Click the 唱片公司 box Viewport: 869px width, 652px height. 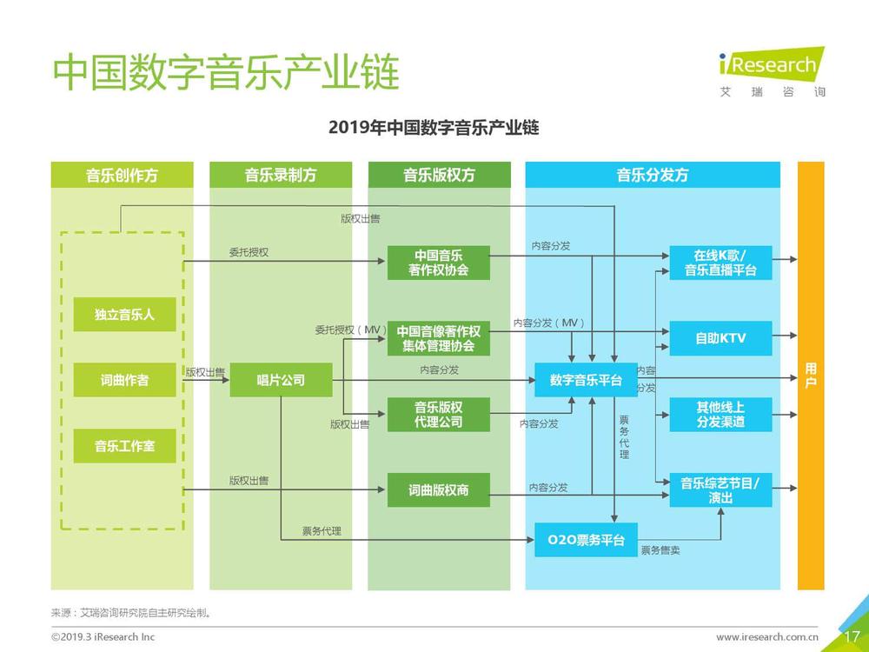pyautogui.click(x=281, y=380)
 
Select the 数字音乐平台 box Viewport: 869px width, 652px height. pyautogui.click(x=586, y=380)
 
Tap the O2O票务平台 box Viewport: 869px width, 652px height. pyautogui.click(x=586, y=540)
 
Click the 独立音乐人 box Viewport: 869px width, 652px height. pyautogui.click(x=124, y=315)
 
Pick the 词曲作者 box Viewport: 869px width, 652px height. pyautogui.click(x=124, y=380)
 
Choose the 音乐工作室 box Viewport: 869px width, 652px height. pyautogui.click(x=124, y=446)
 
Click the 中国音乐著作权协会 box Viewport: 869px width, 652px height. pyautogui.click(x=438, y=263)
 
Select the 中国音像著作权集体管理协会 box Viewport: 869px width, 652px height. pyautogui.click(x=438, y=338)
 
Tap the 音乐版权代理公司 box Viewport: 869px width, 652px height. pyautogui.click(x=438, y=414)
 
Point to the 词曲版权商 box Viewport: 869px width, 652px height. pyautogui.click(x=438, y=489)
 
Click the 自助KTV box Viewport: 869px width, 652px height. pyautogui.click(x=720, y=338)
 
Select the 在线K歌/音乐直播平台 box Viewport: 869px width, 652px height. pyautogui.click(x=720, y=263)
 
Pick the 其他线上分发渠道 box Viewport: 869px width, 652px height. pyautogui.click(x=720, y=414)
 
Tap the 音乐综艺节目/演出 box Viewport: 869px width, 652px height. pyautogui.click(x=720, y=489)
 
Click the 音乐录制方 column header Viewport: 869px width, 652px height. pyautogui.click(x=281, y=176)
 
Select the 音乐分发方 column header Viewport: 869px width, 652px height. pyautogui.click(x=653, y=176)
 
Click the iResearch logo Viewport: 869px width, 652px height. pyautogui.click(x=773, y=72)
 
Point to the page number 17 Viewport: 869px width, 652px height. pyautogui.click(x=852, y=636)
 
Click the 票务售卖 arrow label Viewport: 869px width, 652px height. pyautogui.click(x=660, y=550)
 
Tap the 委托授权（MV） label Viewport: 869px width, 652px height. pyautogui.click(x=351, y=329)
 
